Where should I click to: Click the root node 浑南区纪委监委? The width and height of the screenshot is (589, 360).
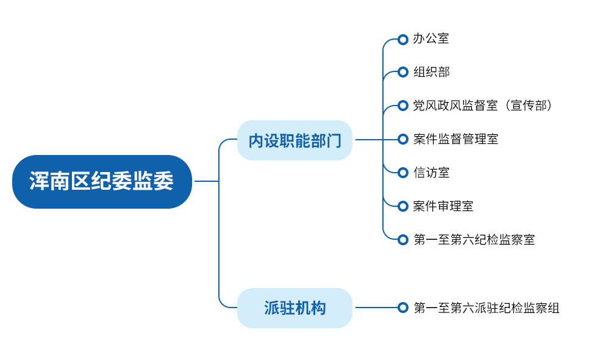[x=102, y=182]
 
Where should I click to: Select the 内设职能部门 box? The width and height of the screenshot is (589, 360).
[x=294, y=140]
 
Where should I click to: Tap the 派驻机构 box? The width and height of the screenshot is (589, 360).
[x=294, y=308]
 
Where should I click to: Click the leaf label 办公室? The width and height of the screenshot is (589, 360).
[x=431, y=39]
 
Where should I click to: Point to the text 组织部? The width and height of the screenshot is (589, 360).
[x=431, y=73]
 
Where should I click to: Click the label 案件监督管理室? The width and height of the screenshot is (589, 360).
[x=455, y=139]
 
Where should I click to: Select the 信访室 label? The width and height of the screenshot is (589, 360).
[x=431, y=173]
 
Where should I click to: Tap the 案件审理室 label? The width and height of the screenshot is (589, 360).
[x=443, y=206]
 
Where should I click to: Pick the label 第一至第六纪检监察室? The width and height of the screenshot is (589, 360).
[x=474, y=240]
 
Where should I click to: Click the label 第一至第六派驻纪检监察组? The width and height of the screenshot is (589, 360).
[x=486, y=308]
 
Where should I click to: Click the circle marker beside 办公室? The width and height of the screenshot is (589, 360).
[x=402, y=40]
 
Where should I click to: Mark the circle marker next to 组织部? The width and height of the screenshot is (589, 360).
[x=402, y=73]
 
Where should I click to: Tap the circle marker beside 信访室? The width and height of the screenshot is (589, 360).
[x=402, y=173]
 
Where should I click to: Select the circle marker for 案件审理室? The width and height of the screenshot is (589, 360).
[x=402, y=206]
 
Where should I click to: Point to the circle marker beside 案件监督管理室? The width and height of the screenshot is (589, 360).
[x=402, y=139]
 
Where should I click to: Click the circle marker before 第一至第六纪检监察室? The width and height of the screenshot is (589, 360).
[x=402, y=240]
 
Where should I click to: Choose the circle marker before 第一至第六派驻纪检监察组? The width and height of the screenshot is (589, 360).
[x=402, y=308]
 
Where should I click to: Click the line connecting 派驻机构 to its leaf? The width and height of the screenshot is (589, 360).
[x=375, y=308]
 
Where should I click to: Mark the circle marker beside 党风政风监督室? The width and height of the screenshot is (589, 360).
[x=402, y=106]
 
